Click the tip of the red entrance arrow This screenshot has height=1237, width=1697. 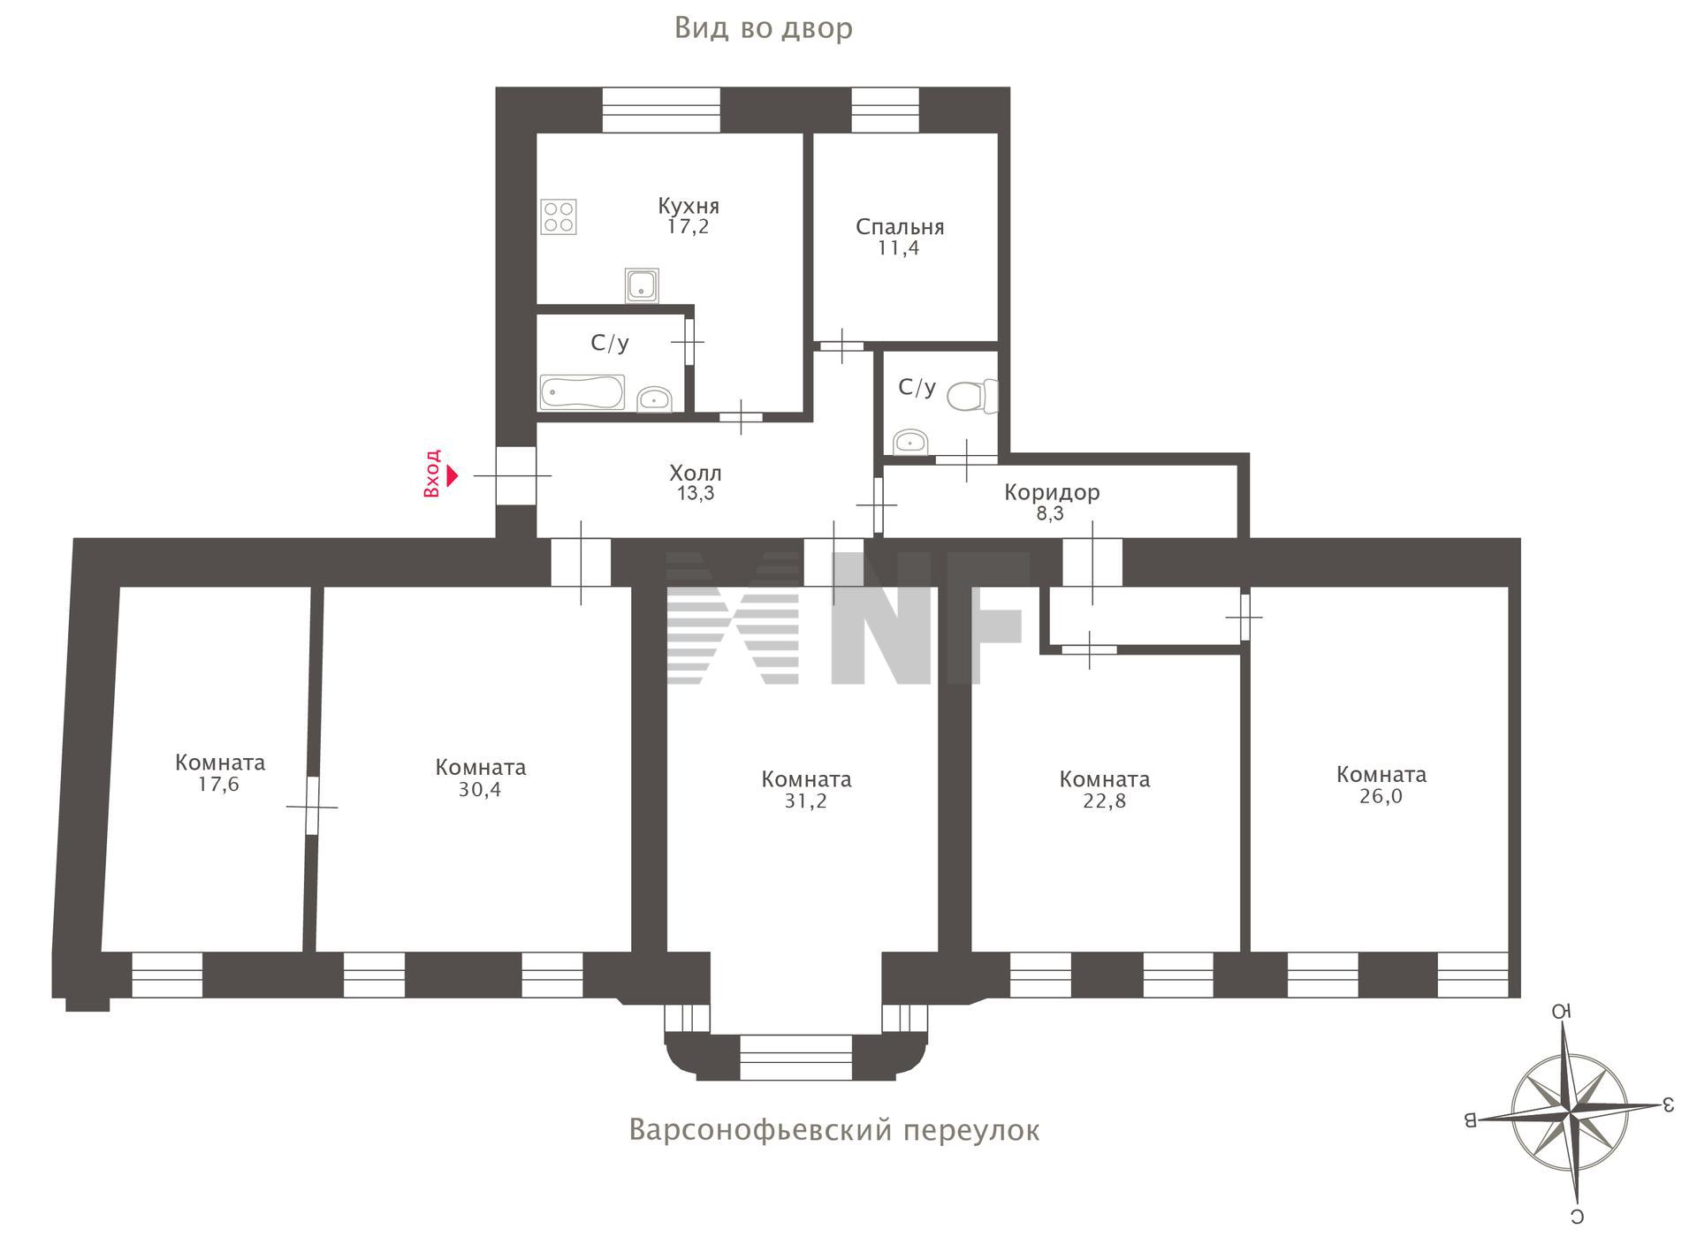click(x=459, y=476)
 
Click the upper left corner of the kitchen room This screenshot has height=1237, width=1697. click(x=537, y=133)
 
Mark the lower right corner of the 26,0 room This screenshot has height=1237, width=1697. click(x=1508, y=952)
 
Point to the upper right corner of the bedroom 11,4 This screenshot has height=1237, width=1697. click(x=998, y=133)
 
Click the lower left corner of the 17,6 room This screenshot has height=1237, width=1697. click(x=102, y=952)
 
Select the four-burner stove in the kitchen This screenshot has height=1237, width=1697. click(x=559, y=216)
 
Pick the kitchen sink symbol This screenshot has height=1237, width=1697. click(x=642, y=285)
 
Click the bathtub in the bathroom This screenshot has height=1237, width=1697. click(x=582, y=392)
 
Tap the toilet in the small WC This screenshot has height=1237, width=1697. click(x=972, y=396)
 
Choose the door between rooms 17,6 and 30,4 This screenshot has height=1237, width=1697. click(x=312, y=805)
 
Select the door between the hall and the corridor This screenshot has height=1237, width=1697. click(x=878, y=505)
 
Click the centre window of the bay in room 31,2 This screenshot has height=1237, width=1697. click(x=795, y=1059)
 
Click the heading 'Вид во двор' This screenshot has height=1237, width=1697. click(x=764, y=28)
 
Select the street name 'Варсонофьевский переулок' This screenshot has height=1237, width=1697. click(x=834, y=1130)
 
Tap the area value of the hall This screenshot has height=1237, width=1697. click(x=696, y=494)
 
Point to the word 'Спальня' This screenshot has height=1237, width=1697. click(x=900, y=227)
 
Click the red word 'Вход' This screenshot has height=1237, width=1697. click(x=431, y=474)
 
